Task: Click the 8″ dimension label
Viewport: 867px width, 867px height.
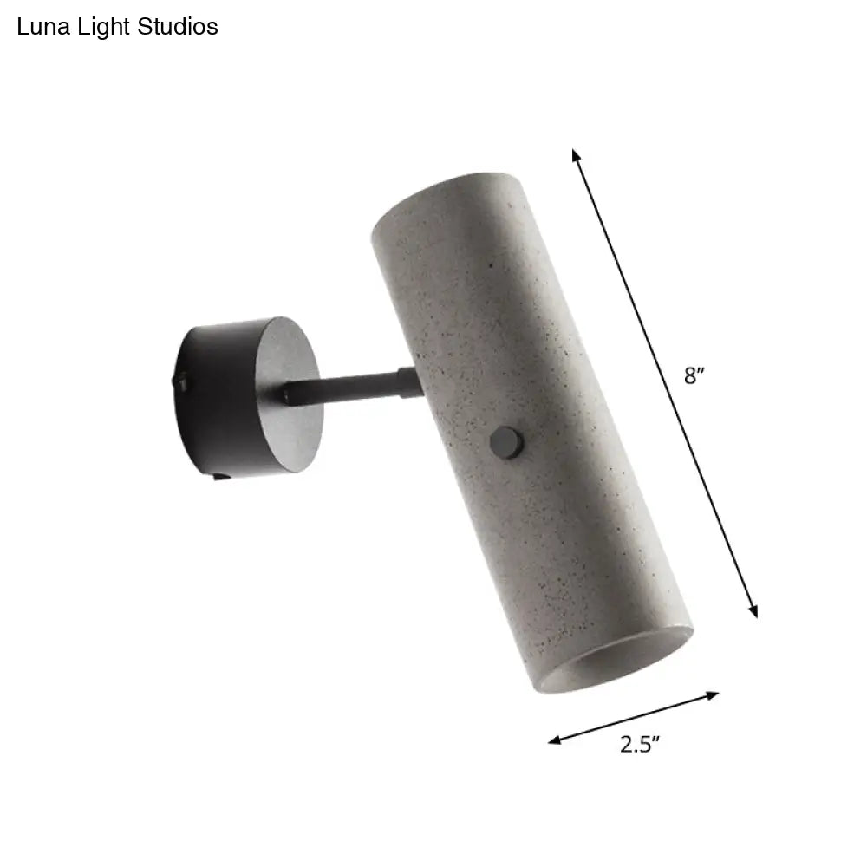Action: point(692,376)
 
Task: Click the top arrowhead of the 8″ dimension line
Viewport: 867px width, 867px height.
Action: point(575,155)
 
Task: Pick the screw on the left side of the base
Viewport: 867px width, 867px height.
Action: point(183,379)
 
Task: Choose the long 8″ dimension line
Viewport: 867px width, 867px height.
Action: point(663,381)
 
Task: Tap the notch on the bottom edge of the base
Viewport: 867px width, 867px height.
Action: point(219,475)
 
